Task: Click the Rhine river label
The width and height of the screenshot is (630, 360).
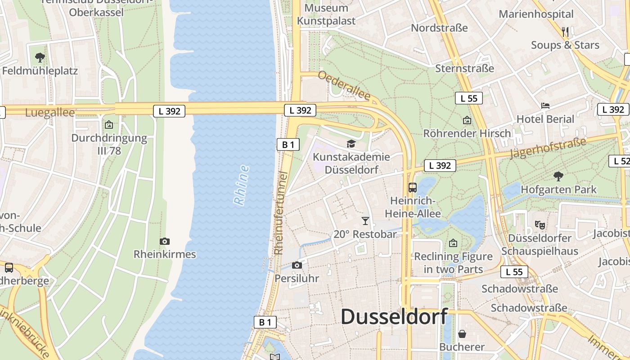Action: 242,185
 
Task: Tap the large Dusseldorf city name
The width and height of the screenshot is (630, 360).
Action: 394,317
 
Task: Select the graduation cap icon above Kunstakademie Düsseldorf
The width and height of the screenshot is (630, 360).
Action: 351,144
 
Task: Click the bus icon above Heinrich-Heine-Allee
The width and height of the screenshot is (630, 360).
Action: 412,187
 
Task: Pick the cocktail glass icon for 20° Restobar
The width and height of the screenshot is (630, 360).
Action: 365,220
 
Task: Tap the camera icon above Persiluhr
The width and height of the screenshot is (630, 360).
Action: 297,265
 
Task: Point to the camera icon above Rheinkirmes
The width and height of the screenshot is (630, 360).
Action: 164,241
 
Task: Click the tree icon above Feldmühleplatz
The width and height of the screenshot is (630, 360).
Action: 40,57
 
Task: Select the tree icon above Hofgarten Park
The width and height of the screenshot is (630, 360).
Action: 558,176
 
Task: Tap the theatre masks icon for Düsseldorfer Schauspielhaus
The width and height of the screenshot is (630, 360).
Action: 540,224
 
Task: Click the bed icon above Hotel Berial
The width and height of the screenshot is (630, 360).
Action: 545,106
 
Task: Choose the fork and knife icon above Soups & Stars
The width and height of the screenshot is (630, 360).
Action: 565,31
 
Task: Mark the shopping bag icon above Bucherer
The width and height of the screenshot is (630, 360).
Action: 462,334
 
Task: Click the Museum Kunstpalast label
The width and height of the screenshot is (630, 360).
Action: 326,14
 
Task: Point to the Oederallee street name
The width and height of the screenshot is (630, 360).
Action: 344,85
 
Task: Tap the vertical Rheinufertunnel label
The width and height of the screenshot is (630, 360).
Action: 279,212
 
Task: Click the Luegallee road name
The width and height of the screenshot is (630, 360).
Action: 50,112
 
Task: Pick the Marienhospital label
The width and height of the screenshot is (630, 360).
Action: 536,14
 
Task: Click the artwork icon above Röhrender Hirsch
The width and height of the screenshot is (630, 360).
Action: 467,120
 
